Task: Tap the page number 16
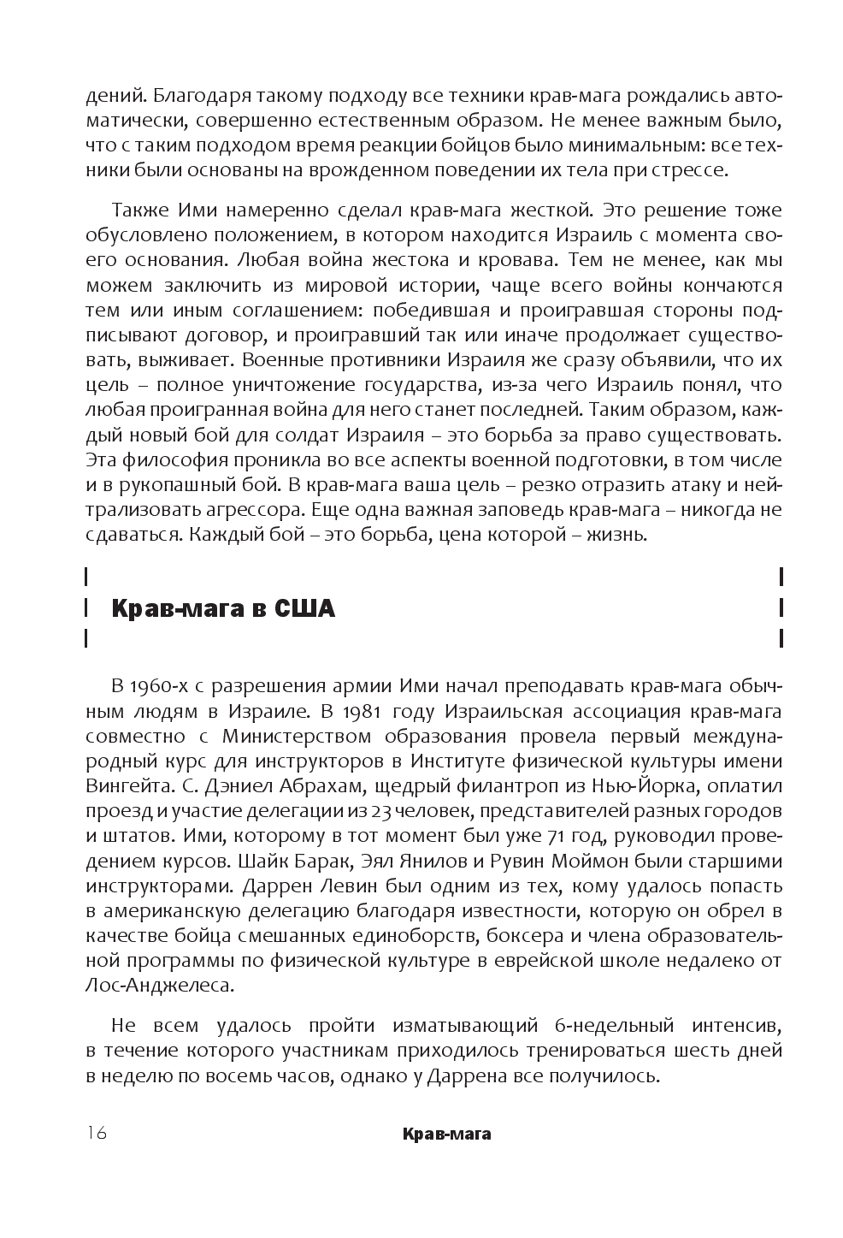[95, 1133]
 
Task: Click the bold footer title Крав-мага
[445, 1134]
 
